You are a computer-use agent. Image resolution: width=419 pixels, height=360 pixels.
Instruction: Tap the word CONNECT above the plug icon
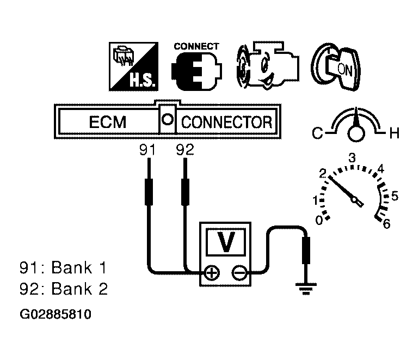point(196,46)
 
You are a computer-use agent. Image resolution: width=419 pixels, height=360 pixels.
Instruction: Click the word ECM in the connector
point(107,122)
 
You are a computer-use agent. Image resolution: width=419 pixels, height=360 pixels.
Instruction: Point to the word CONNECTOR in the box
point(226,122)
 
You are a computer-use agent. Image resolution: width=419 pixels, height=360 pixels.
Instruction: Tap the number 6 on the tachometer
point(387,223)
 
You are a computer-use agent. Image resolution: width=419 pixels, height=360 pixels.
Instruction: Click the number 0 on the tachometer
point(320,219)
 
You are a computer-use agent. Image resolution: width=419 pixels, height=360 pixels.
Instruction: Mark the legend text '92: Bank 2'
point(63,289)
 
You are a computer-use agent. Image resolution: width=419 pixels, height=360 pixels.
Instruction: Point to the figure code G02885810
point(55,314)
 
